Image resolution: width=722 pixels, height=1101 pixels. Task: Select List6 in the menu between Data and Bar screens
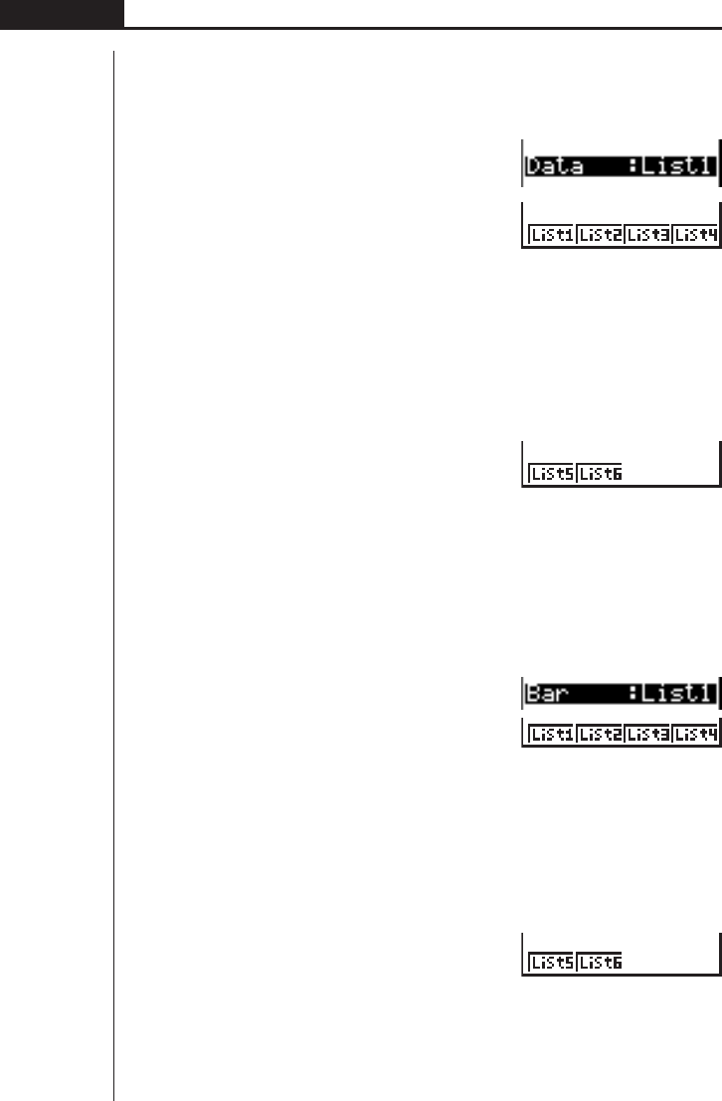pyautogui.click(x=599, y=475)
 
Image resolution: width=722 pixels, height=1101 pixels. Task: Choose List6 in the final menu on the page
pyautogui.click(x=599, y=963)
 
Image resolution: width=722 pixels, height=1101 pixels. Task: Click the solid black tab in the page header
pyautogui.click(x=62, y=13)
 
